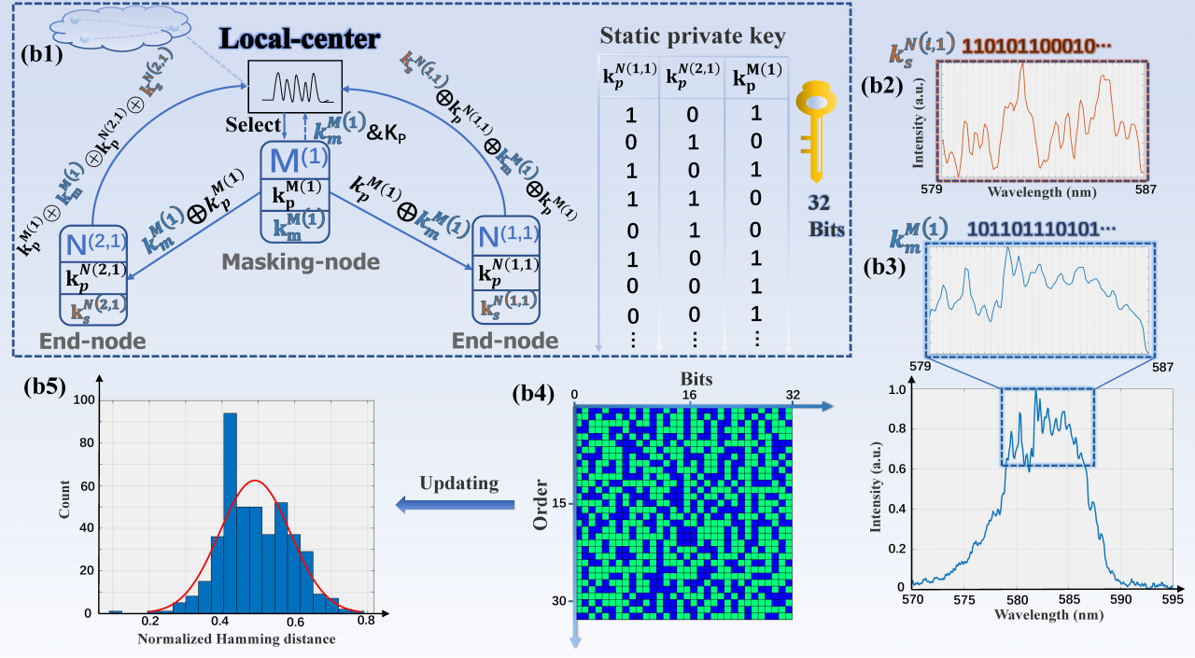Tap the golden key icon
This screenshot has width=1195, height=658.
(x=815, y=131)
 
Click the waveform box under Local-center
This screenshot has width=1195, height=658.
(x=294, y=86)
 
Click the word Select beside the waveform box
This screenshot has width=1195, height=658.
(x=253, y=124)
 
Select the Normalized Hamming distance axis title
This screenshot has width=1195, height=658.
(x=236, y=639)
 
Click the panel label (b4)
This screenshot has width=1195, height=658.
(x=537, y=393)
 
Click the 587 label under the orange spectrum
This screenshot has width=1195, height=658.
(x=1144, y=188)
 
